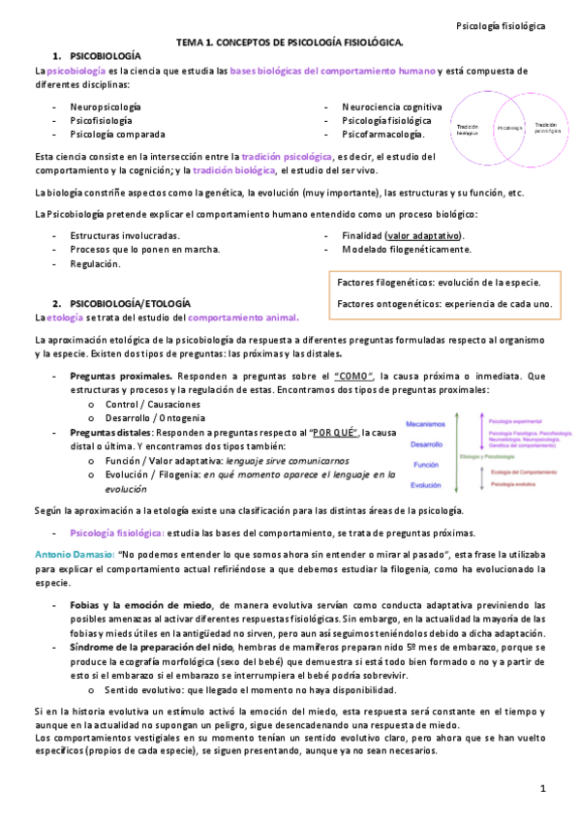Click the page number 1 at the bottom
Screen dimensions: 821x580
(x=544, y=789)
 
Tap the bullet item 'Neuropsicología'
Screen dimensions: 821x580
(x=105, y=106)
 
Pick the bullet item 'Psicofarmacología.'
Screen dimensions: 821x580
(x=382, y=135)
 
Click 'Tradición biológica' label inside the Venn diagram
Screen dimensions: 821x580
(x=468, y=129)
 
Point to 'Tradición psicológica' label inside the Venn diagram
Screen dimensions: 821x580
(x=546, y=127)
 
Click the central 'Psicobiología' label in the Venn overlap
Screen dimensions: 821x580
(x=509, y=128)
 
